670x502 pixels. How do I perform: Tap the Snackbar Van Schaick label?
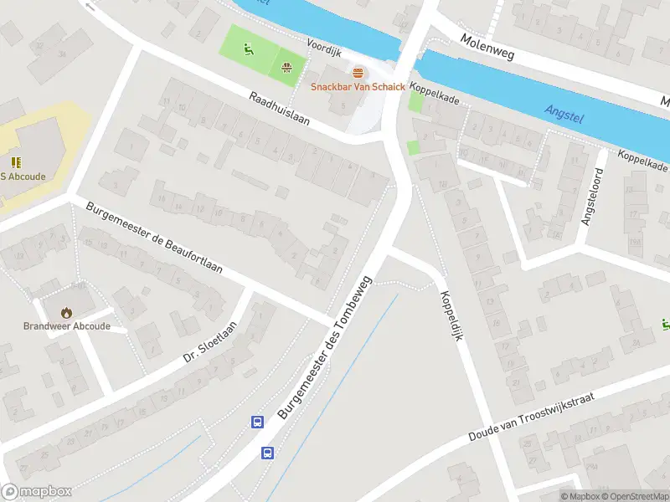click(x=358, y=87)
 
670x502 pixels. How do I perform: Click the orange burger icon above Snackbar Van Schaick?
click(x=358, y=73)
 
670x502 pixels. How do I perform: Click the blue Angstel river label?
click(x=563, y=113)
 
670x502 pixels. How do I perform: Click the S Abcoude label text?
click(x=23, y=177)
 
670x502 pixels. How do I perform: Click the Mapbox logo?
click(x=37, y=492)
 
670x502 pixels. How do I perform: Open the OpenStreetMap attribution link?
click(x=634, y=496)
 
